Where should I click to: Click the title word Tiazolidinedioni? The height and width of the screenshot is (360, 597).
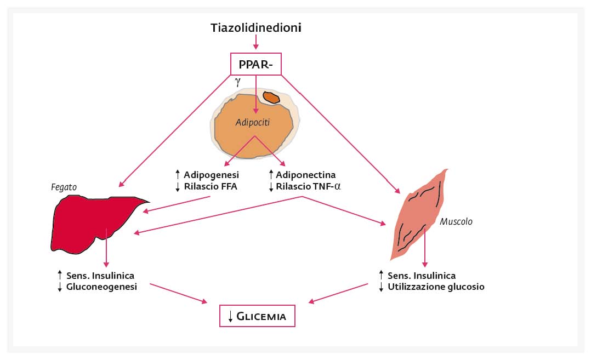(256, 28)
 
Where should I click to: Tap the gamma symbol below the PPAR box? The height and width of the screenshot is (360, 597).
(238, 82)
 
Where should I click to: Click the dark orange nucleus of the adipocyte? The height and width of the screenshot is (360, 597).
(271, 97)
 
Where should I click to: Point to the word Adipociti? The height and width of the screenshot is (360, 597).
(252, 123)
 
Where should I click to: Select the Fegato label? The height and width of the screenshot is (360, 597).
(64, 187)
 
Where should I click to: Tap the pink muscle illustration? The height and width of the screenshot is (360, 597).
(418, 215)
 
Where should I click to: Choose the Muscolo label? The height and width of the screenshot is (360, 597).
(456, 221)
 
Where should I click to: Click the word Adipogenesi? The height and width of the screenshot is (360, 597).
(211, 175)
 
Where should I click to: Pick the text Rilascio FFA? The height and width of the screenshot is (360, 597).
(211, 186)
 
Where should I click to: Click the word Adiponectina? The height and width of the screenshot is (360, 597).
(306, 175)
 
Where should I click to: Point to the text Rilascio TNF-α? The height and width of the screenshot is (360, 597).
(308, 186)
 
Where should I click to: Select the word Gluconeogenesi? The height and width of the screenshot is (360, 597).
(101, 287)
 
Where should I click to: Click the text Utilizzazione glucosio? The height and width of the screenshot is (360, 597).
(436, 287)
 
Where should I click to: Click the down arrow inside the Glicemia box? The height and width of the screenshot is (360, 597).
(230, 316)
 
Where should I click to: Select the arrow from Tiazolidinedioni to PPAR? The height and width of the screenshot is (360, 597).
(256, 42)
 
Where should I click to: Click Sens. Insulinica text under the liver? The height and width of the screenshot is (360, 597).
(100, 276)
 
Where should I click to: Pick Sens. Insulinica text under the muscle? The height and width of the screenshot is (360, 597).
(422, 276)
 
